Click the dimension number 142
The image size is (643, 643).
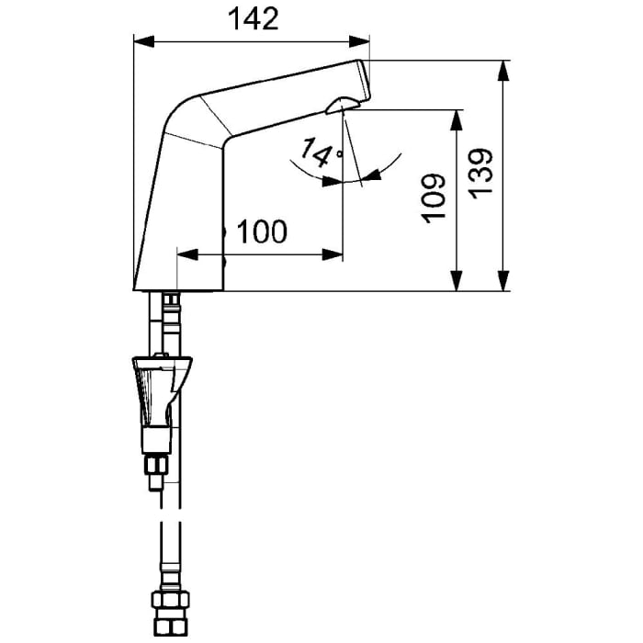tap(252, 19)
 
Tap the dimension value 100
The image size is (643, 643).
tap(262, 232)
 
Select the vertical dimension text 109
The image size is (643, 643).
tap(434, 197)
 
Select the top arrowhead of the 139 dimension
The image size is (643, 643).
tap(504, 70)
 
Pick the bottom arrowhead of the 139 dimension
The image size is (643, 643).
tap(504, 284)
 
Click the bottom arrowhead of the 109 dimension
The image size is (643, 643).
tap(456, 284)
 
